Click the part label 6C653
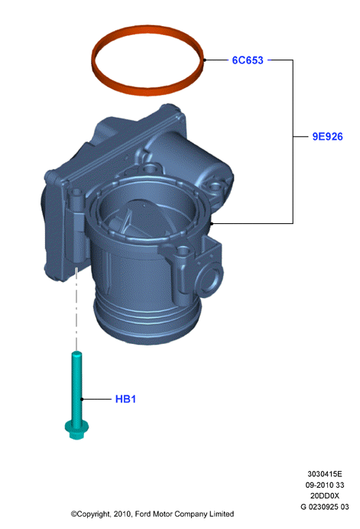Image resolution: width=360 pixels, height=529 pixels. tap(248, 60)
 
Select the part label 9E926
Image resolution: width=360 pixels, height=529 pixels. tap(327, 137)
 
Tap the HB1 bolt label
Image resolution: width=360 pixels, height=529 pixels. tap(125, 399)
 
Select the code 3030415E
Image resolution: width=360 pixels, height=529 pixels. tap(325, 474)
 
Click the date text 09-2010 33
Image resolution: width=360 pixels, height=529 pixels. tap(325, 485)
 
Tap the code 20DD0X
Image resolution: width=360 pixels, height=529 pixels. tap(325, 495)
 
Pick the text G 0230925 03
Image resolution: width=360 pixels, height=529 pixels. tap(325, 507)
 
